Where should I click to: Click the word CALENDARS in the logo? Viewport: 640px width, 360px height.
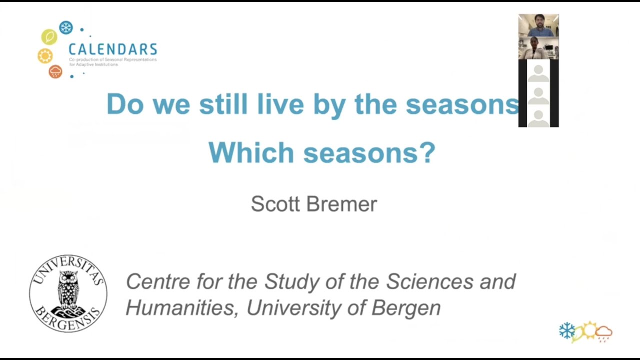tap(112, 49)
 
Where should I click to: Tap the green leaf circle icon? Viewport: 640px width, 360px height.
tap(49, 37)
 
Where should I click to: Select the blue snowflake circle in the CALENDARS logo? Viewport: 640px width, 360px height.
tap(66, 27)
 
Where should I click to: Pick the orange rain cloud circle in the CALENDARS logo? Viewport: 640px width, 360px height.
tap(55, 71)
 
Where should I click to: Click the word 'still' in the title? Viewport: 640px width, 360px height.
tap(223, 104)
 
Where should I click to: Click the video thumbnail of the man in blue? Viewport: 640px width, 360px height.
tap(538, 25)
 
